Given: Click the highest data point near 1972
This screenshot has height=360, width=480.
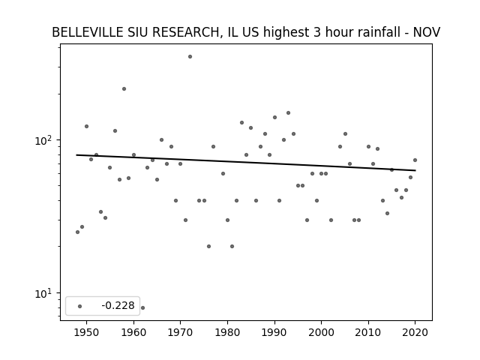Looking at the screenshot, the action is [x=190, y=57].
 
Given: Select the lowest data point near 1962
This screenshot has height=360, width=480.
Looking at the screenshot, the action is [x=142, y=307].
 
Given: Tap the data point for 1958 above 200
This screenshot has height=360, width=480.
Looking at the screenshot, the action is [x=124, y=88].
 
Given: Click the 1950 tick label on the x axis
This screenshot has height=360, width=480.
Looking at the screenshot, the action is [x=87, y=332].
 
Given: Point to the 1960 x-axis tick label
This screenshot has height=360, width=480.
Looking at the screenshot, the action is [x=133, y=332].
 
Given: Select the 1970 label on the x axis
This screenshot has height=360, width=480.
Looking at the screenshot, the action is [x=180, y=332].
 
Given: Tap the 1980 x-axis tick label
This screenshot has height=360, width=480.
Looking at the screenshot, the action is [x=227, y=332].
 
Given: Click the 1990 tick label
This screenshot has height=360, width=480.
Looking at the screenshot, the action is [x=274, y=332].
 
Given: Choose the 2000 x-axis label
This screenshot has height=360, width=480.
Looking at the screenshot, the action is [x=322, y=332].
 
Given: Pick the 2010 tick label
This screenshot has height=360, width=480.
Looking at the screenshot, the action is [x=368, y=332].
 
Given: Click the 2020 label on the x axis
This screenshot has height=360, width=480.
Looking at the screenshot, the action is [x=415, y=332].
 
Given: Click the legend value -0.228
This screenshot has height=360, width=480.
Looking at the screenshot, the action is [x=118, y=305].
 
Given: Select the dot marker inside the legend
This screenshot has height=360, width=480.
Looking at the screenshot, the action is [x=80, y=306].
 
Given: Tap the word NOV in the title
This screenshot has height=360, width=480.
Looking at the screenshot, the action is [x=427, y=32].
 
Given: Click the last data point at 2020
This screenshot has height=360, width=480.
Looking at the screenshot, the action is [x=415, y=160].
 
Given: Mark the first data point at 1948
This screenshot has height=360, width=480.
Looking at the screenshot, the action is [x=77, y=232].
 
